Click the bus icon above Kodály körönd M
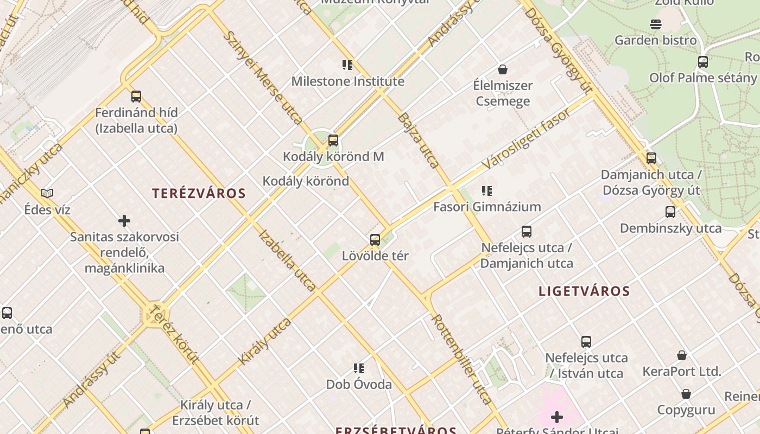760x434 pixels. (333, 141)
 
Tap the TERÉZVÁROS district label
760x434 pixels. (199, 193)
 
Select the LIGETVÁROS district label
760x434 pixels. (584, 291)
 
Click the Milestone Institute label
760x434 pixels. (347, 81)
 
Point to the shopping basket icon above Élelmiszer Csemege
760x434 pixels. (503, 69)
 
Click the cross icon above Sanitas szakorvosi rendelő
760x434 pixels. (124, 221)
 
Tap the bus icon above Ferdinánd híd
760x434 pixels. (136, 97)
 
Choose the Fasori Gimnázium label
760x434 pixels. (487, 207)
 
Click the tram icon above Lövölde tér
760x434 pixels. (375, 240)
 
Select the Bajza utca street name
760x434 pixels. (418, 140)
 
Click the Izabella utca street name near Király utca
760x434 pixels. (287, 260)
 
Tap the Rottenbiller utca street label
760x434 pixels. (461, 359)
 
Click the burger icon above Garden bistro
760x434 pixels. (655, 24)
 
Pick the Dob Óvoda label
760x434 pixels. (359, 385)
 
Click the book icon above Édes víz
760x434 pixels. (47, 193)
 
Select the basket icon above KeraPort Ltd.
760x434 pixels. (682, 355)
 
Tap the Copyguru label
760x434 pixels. (686, 410)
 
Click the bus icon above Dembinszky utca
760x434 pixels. (670, 212)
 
